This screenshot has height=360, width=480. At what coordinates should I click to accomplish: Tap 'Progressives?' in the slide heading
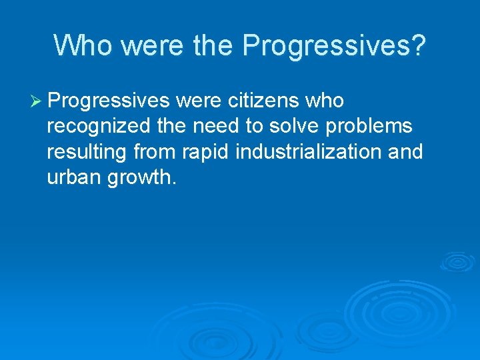coord(334,45)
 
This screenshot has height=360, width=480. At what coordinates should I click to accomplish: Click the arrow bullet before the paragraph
coord(37,101)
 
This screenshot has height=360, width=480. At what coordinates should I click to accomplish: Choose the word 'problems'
coord(369,126)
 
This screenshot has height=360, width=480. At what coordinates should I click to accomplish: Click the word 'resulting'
coord(87,152)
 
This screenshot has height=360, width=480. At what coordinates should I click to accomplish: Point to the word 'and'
coord(405,152)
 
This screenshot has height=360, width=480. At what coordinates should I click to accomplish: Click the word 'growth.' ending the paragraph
coord(145,177)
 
